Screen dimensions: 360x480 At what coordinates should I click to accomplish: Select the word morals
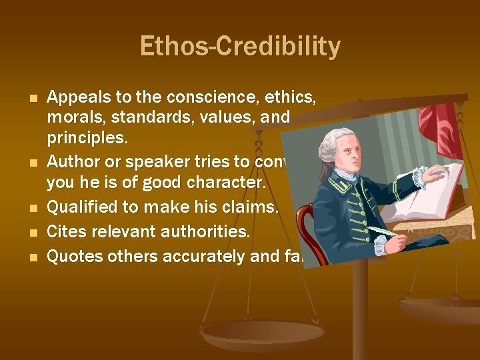tap(74, 117)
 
